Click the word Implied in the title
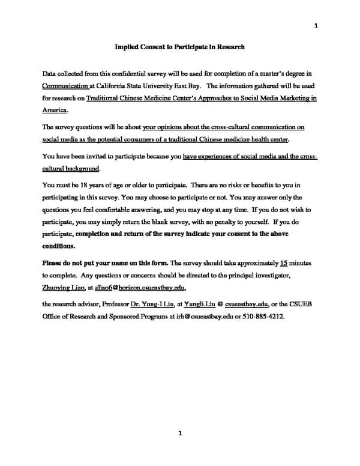(126, 46)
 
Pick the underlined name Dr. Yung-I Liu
(150, 304)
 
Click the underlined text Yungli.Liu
(199, 304)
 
